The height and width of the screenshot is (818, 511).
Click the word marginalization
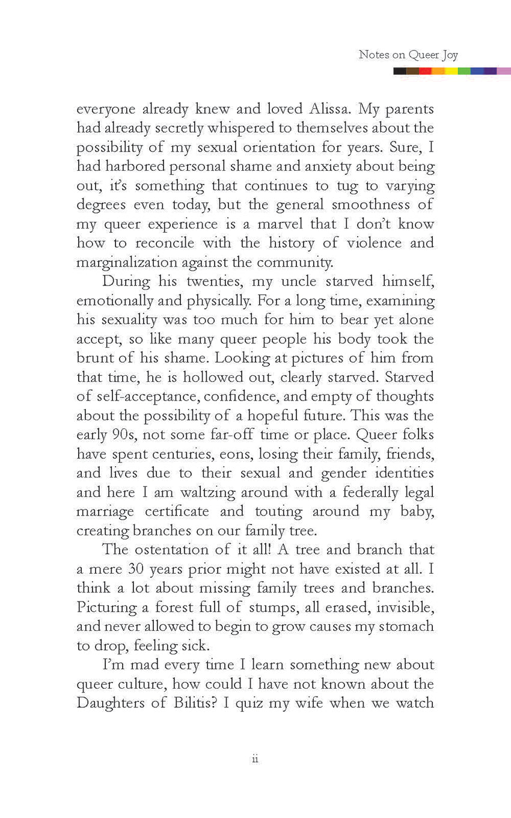coord(126,262)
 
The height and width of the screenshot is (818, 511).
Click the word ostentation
coord(178,549)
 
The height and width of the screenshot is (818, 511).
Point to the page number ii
coord(255,760)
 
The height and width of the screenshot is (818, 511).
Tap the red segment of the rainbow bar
coord(425,71)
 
